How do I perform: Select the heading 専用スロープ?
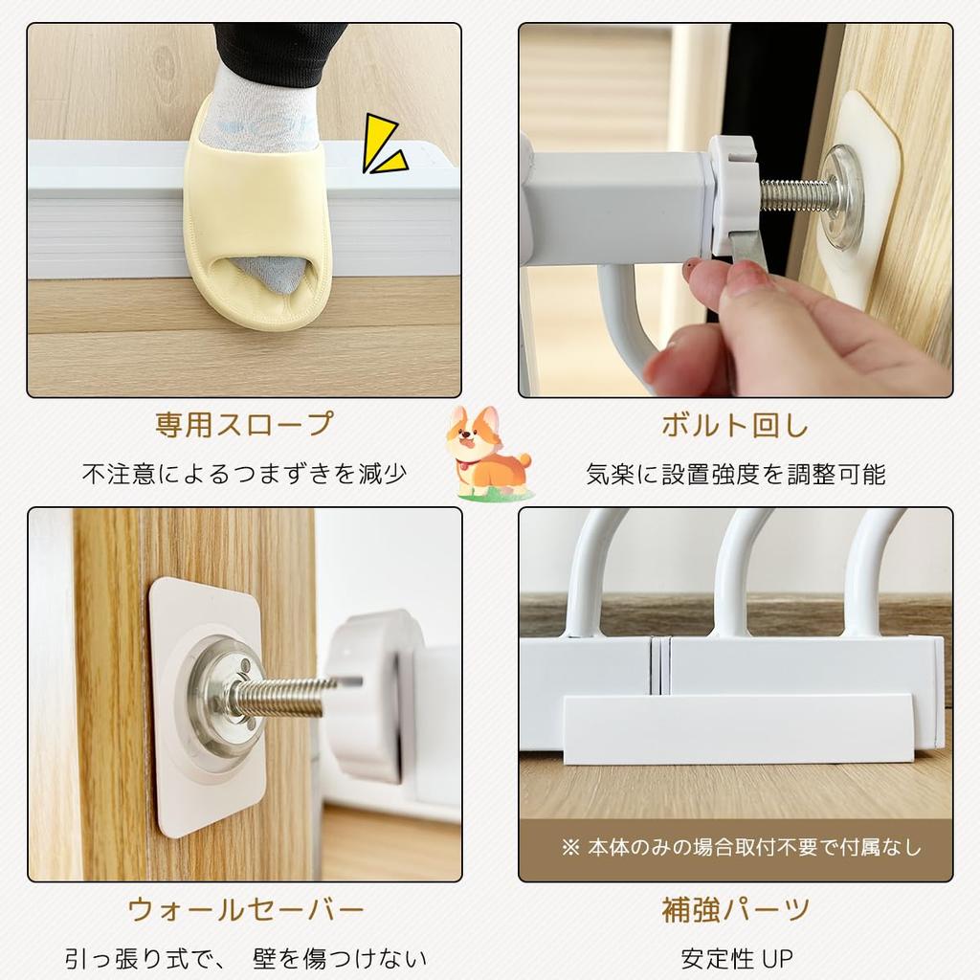click(x=245, y=424)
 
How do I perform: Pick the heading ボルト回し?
click(x=735, y=424)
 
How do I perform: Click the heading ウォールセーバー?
click(x=245, y=908)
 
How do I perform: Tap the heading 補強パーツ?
click(x=735, y=908)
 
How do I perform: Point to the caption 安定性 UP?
click(x=735, y=958)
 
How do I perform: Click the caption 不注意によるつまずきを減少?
click(x=245, y=474)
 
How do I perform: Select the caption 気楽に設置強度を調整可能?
click(x=735, y=474)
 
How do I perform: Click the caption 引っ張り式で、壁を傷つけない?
click(x=245, y=958)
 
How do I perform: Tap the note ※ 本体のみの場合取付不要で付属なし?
click(x=742, y=847)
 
